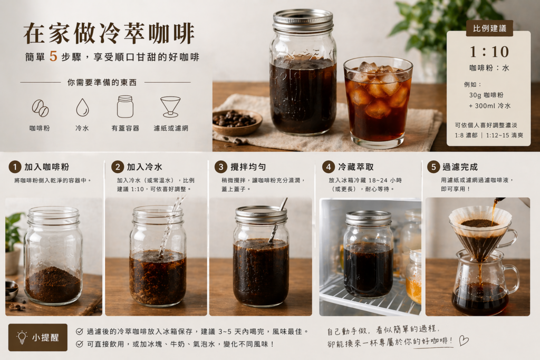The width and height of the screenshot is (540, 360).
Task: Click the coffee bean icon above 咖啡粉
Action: click(x=40, y=108)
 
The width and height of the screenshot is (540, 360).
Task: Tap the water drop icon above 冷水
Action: click(x=82, y=108)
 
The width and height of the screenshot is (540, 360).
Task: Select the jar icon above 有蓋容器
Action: click(x=125, y=106)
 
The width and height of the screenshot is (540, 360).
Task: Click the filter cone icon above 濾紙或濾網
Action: click(x=170, y=106)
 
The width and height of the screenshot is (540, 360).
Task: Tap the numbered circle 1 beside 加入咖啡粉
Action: click(x=15, y=167)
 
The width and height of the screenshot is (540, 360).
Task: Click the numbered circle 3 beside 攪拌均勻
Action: click(x=221, y=167)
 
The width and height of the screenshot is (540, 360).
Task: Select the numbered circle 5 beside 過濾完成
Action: click(x=433, y=167)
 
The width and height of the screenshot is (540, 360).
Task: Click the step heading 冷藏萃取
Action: click(x=355, y=167)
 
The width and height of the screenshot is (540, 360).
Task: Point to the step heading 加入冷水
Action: click(x=144, y=167)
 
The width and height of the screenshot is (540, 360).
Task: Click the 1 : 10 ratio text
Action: click(x=489, y=52)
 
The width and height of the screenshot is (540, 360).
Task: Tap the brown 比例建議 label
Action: click(x=489, y=28)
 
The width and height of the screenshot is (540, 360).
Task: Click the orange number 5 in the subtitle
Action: click(x=53, y=57)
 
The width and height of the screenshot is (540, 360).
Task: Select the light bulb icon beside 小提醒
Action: click(x=22, y=337)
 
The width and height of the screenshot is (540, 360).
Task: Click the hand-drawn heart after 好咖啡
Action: click(x=464, y=340)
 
